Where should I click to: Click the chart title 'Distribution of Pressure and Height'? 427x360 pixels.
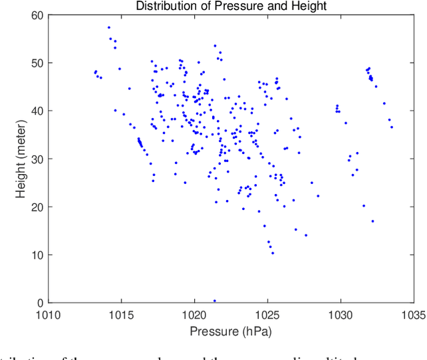[230, 7]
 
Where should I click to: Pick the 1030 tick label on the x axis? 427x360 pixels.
[340, 315]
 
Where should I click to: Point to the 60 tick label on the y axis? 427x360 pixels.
[37, 15]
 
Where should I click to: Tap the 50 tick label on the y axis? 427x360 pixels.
[37, 63]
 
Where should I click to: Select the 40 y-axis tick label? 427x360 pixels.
[37, 111]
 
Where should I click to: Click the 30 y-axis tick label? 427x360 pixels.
[37, 159]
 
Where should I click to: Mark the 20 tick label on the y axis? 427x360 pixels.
[37, 207]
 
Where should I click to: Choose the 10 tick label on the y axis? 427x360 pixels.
[37, 255]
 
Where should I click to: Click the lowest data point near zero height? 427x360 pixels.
[214, 301]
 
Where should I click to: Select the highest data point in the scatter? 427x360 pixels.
[109, 27]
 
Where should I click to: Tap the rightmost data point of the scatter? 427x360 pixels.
[392, 127]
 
